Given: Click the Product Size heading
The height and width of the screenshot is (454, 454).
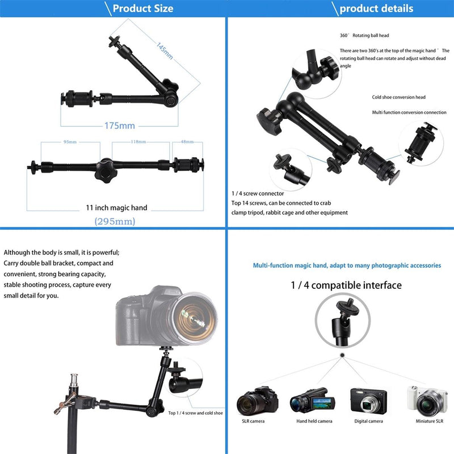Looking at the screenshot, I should pos(142,9).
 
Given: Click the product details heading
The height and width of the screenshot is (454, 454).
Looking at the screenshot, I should pos(376,9).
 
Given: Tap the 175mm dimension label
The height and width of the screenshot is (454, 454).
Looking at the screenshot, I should pos(119,125).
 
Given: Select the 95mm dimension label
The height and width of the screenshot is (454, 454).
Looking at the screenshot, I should pos(70,142).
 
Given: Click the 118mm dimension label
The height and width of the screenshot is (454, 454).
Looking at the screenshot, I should pos(138,142).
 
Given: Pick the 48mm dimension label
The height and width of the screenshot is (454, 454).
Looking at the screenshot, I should pos(186,142).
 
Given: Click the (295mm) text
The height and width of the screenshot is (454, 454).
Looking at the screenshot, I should pos(115,221).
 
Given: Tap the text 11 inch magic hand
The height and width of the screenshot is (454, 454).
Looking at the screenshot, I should pos(116,208).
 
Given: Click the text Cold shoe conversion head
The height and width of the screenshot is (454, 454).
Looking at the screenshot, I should pos(398,98).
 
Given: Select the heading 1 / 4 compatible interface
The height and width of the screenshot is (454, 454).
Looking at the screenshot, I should pos(346,285).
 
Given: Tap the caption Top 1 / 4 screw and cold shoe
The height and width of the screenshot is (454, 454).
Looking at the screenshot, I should pos(195,413).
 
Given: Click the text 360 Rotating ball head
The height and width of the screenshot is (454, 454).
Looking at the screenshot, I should pos(364,36).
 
